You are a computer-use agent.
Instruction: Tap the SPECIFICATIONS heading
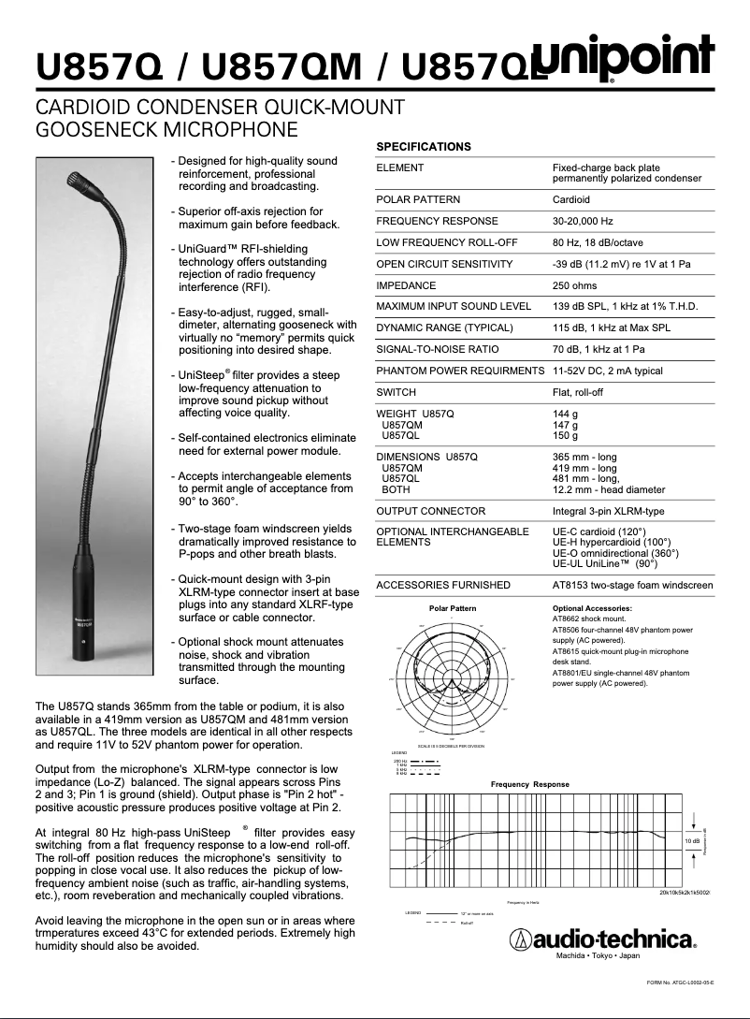point(424,147)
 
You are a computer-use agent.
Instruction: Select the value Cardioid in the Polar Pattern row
point(571,199)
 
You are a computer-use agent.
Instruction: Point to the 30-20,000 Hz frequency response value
point(583,221)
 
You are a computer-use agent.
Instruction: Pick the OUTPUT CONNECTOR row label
point(430,511)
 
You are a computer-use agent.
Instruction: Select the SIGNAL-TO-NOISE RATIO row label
point(437,349)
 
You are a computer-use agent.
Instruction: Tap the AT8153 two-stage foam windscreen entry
point(632,585)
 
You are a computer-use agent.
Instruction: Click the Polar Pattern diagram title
point(453,608)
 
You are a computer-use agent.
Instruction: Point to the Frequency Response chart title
point(529,784)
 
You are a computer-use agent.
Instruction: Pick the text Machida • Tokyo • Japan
point(599,956)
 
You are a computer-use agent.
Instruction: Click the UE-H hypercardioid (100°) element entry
point(612,542)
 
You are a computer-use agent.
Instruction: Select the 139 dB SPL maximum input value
point(625,306)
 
